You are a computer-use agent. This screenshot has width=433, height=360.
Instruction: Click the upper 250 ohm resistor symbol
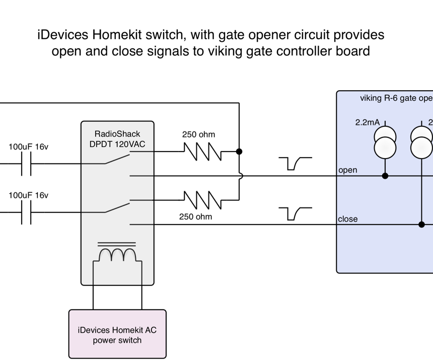[x=202, y=152]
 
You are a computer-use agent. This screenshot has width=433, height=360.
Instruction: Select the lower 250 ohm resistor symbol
[x=202, y=200]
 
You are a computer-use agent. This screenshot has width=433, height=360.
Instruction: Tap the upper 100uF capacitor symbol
[x=26, y=164]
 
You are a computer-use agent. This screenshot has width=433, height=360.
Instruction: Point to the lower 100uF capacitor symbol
[x=26, y=212]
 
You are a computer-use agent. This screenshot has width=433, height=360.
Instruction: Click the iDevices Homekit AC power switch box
[x=117, y=334]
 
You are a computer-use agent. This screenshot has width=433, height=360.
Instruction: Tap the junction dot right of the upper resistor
[x=239, y=152]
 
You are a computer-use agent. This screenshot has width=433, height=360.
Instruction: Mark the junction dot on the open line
[x=385, y=176]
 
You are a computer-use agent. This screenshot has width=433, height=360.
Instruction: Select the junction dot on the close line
[x=422, y=225]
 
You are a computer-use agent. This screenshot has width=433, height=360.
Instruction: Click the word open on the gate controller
[x=347, y=170]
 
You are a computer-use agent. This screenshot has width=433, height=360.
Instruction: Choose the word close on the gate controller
[x=347, y=219]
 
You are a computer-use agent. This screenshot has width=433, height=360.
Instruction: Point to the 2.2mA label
[x=367, y=122]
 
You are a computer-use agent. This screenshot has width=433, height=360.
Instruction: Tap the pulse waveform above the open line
[x=295, y=164]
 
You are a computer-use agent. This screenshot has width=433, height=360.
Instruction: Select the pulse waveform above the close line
[x=295, y=213]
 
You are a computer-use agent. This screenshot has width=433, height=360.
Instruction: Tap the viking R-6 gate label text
[x=396, y=98]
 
